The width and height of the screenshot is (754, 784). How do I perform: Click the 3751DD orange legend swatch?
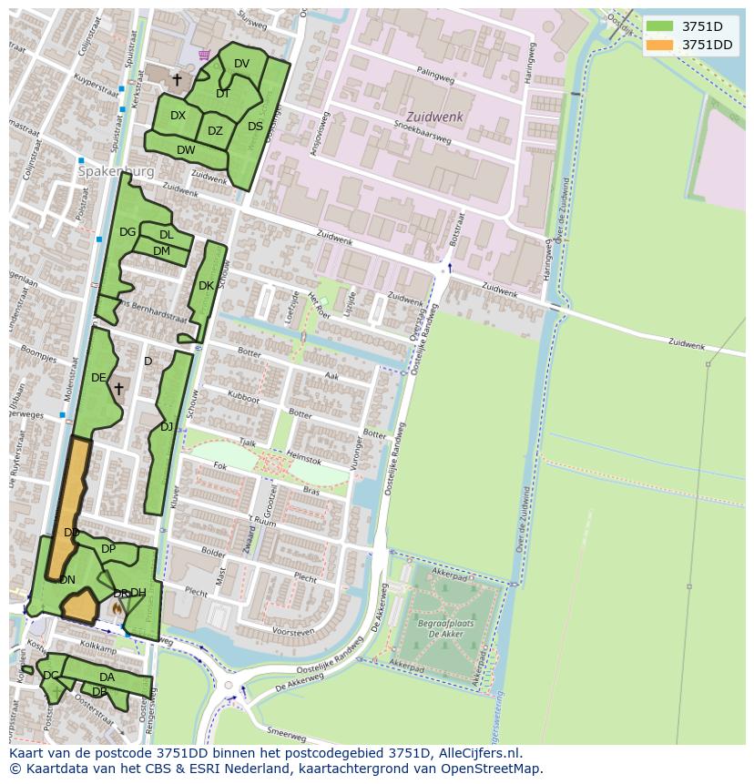pos(660,45)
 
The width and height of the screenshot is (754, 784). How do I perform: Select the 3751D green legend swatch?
pos(660,26)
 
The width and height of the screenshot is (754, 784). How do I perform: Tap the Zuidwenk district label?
pos(434,117)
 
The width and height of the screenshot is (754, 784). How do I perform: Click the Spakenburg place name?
pos(116,171)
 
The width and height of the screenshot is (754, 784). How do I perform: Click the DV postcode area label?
pos(241,64)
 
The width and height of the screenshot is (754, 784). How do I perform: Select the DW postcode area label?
pos(186,150)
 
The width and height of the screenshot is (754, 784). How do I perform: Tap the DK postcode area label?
pos(206,286)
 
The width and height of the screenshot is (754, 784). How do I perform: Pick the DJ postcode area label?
pos(167,426)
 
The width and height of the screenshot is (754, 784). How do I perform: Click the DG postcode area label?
pos(127,232)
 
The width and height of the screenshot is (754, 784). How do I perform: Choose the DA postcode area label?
pos(107,677)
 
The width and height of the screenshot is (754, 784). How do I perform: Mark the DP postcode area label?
pos(108,549)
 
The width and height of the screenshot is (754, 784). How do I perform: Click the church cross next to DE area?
pos(118,389)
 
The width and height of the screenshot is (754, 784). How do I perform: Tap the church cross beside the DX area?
pos(177,80)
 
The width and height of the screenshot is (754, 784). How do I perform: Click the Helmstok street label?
pos(303,455)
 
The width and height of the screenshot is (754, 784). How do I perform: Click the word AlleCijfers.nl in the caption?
pos(480,753)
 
